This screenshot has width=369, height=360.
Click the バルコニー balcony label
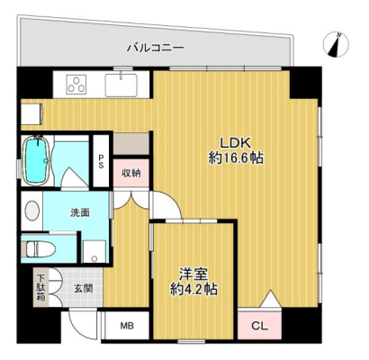[x=155, y=48]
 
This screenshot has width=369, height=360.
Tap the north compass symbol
[x=336, y=45]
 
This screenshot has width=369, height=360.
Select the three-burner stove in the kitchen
[x=76, y=84]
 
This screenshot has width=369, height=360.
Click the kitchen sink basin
[x=121, y=85]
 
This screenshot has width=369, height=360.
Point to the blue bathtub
[x=37, y=160]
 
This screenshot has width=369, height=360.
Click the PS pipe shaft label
[x=101, y=161]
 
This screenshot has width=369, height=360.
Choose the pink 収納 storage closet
[x=131, y=173]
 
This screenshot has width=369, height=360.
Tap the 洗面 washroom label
[x=80, y=212]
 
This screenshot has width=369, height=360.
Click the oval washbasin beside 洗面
[x=32, y=211]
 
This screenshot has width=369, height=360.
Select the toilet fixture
[x=40, y=248]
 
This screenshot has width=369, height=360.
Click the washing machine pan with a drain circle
[x=94, y=251]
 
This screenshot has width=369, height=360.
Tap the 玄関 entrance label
[x=83, y=288]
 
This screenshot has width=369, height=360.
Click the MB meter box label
[x=127, y=326]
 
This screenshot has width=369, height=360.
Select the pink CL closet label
[x=259, y=326]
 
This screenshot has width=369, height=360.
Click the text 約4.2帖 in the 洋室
[x=193, y=290]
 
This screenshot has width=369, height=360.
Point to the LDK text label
[x=236, y=143]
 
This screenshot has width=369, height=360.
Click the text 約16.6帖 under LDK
[x=236, y=157]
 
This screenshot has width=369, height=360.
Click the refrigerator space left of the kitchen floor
[x=31, y=113]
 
